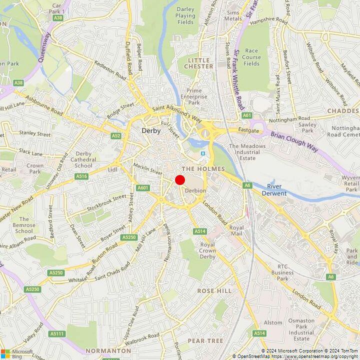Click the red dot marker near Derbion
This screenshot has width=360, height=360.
tap(180, 180)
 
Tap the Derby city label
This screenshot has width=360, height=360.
tap(151, 131)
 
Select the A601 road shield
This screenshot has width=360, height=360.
tap(143, 187)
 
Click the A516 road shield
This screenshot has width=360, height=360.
tap(81, 176)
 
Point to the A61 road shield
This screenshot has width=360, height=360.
tap(247, 115)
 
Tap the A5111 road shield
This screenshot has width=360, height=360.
tap(56, 333)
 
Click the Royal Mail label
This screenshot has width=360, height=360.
tap(236, 230)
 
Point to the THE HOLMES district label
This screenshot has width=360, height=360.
tap(203, 169)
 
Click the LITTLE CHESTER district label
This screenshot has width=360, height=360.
tap(200, 63)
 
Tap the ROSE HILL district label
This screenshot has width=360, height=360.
tap(214, 290)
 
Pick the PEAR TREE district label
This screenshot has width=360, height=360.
tap(205, 340)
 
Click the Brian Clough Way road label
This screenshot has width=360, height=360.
tap(294, 138)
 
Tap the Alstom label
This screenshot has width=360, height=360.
tap(273, 322)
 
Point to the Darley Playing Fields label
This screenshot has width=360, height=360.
tap(185, 15)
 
